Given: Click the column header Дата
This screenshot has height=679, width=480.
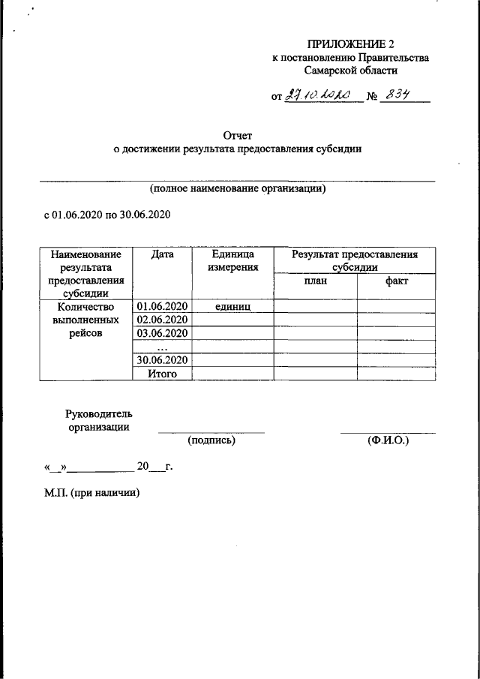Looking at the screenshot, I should coord(162,254).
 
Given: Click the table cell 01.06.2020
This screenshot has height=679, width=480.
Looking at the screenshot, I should coord(162,306).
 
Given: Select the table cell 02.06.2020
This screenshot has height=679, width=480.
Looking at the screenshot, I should coord(162,320).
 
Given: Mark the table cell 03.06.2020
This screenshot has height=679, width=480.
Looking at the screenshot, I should coord(162,333).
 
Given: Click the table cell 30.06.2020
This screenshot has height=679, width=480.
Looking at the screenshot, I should coord(162,360).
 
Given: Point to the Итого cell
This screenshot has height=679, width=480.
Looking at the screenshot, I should coord(162,373).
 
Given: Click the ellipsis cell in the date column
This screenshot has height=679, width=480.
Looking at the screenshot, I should coord(162,347).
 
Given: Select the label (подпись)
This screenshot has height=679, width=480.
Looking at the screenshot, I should coord(211,440).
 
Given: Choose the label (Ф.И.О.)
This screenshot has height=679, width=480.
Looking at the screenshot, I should coord(388,440).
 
